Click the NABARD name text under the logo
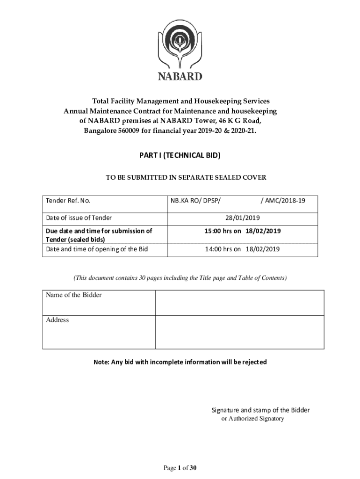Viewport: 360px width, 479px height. point(180,76)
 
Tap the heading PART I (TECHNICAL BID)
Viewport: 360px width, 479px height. point(180,156)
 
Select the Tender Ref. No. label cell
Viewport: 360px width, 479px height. point(68,201)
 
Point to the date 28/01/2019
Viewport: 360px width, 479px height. point(242,218)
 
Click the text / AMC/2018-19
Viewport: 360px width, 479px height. point(283,201)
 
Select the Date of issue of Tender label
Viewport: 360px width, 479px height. point(79,218)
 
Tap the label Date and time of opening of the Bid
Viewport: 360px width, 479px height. point(97,249)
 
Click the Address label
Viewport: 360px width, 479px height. point(58,320)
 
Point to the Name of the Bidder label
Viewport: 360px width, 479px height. point(74,295)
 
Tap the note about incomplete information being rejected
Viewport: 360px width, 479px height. point(180,362)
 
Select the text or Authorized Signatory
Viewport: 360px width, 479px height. point(252,419)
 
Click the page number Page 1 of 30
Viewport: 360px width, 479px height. point(180,468)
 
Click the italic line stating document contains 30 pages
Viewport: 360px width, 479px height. point(180,278)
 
